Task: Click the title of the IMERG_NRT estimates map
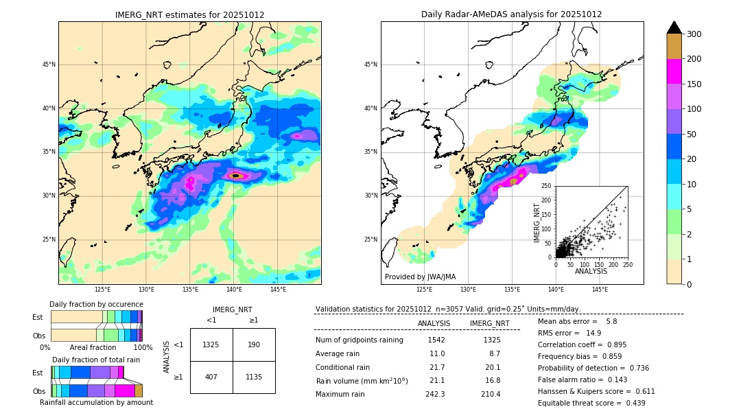pos(189,14)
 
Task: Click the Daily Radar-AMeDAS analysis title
pos(511,14)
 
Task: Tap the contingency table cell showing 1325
pos(211,345)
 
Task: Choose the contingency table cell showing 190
pos(254,345)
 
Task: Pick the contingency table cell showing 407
pos(211,377)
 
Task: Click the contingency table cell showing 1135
pos(254,377)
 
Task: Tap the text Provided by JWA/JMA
pos(420,277)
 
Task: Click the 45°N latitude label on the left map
pos(48,65)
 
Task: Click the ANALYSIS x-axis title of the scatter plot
pos(591,272)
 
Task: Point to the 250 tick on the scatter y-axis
pos(546,186)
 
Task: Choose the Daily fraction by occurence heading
pos(96,304)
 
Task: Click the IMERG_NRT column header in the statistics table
pos(489,323)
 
